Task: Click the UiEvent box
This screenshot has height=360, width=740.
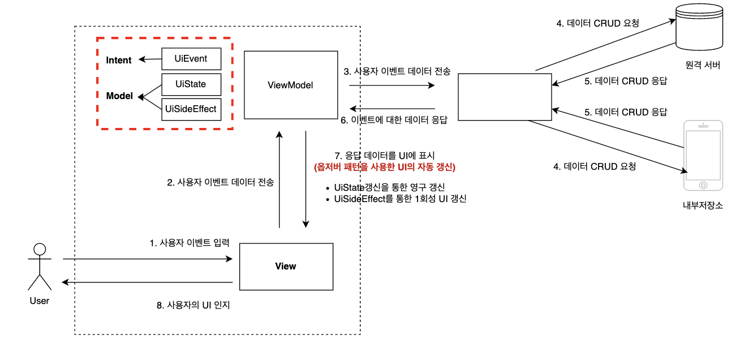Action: [191, 59]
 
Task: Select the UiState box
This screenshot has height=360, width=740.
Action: [191, 84]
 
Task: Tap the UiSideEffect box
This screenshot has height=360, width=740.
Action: [191, 109]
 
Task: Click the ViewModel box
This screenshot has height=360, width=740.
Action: [290, 85]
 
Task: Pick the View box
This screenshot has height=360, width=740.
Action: [286, 266]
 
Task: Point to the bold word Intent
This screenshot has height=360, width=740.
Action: [119, 61]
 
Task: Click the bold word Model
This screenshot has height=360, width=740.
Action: [119, 96]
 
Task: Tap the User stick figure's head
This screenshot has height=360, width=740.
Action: [40, 250]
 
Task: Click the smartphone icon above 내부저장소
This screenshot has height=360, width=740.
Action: [703, 156]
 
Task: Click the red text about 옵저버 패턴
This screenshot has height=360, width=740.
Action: [385, 167]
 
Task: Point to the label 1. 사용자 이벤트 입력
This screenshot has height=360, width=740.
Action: [190, 243]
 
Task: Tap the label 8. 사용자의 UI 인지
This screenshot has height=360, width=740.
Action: [193, 305]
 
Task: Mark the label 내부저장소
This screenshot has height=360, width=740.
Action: [703, 205]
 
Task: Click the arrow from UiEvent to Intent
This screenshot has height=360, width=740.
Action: [150, 59]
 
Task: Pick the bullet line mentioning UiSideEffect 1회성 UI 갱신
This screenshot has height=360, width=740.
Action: [400, 199]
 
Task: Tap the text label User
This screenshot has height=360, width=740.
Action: [40, 301]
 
